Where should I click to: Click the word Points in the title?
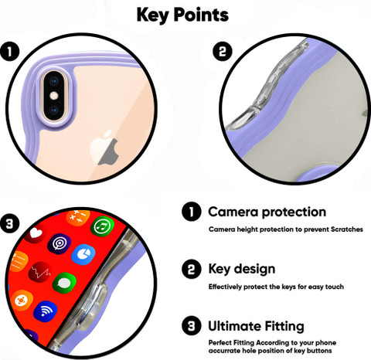coord(201,15)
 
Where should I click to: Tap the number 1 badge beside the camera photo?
coord(10,52)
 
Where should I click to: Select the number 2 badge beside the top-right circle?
coord(223,51)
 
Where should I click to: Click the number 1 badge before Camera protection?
coord(192,212)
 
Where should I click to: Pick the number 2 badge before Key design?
coord(192,269)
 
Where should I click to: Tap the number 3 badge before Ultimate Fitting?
coord(192,326)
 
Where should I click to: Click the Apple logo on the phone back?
coord(105,148)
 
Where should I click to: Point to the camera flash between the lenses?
coord(54,96)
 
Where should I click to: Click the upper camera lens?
coord(54,82)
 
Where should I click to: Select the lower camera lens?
coord(54,110)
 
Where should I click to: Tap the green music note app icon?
coord(102,226)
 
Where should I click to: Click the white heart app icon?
coord(36,234)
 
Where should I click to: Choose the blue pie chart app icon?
coord(83,254)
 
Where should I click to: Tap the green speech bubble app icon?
coord(64,283)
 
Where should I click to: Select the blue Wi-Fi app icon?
coord(46,311)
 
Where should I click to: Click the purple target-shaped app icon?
coord(60,243)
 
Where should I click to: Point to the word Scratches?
coord(347,229)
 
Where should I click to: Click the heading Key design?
coord(242,269)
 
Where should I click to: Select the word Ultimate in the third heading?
coord(233,326)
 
